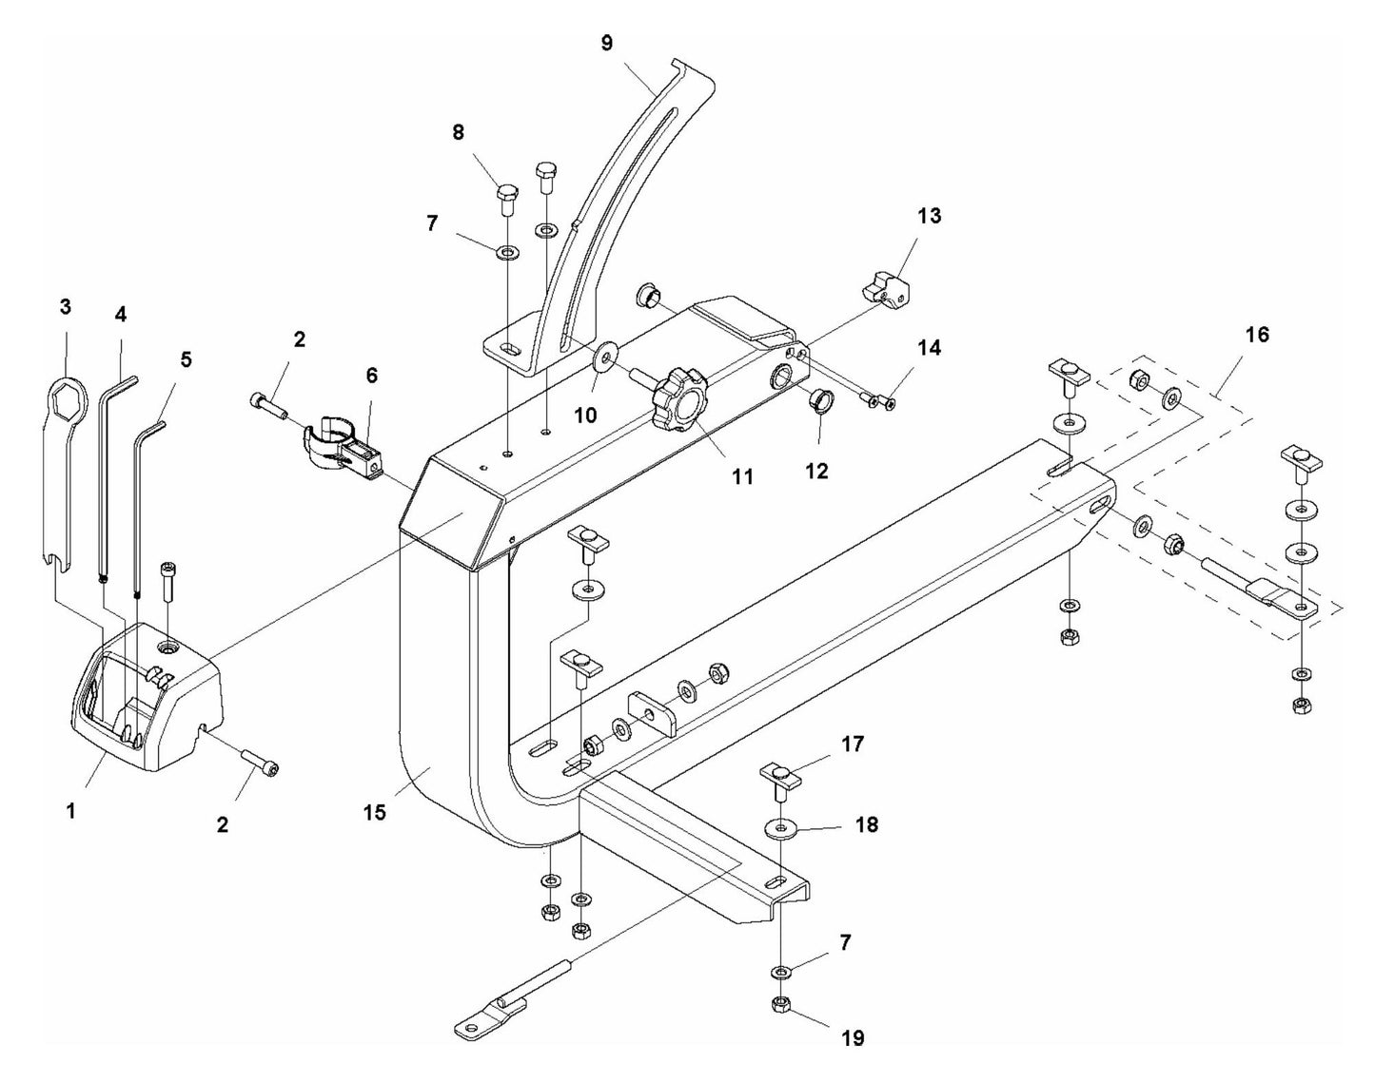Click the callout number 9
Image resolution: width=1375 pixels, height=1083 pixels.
pos(607,42)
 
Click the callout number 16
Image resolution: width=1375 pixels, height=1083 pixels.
pos(1256,335)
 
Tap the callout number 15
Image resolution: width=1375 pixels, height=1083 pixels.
pos(375,814)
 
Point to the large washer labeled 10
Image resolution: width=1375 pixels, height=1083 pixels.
pos(604,358)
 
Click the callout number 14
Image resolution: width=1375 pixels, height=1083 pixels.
pos(929,348)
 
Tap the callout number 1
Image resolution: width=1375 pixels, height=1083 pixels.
pos(70,811)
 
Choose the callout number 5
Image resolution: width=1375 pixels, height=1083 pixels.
pos(186,359)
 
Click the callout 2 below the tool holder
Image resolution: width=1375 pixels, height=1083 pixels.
pos(222,824)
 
